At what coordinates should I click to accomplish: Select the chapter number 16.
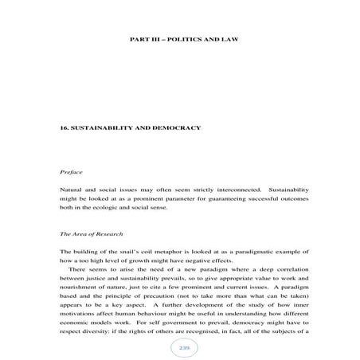(65, 128)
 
